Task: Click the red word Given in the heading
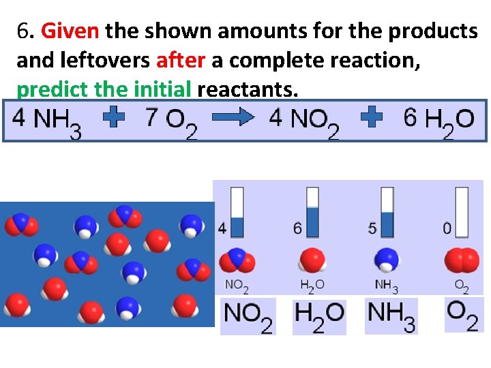(70, 31)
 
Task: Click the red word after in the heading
(180, 61)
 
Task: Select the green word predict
(48, 90)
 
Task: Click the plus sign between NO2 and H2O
(371, 119)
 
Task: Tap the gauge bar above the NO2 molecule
(237, 212)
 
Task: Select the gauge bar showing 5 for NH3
(387, 212)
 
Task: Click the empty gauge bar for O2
(462, 212)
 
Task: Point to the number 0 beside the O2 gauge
(447, 228)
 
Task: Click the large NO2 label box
(248, 316)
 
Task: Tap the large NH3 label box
(391, 316)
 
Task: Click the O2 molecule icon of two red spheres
(462, 261)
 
